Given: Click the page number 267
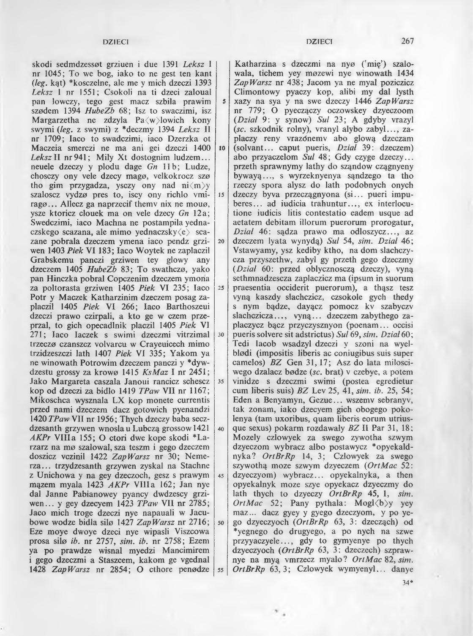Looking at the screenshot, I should [407, 41].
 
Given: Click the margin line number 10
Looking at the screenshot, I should [221, 148].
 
